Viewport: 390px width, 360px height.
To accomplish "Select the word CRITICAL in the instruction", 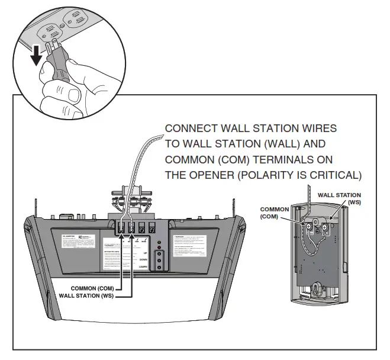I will coord(340,175).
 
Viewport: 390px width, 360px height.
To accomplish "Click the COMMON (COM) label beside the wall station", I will coord(275,213).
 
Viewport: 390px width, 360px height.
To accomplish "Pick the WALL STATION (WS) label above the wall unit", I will coord(339,198).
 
